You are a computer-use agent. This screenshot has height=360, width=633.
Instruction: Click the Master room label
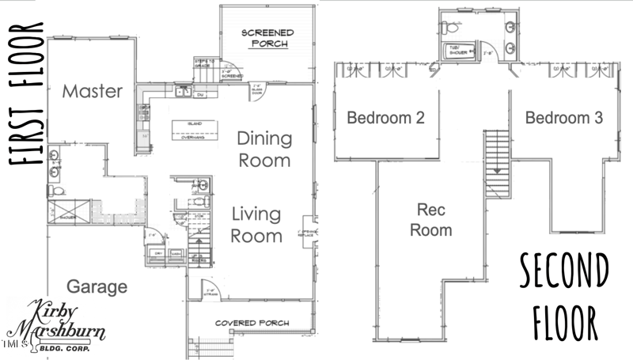click(x=93, y=92)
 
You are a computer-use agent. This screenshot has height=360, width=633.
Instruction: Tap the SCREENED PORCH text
click(x=267, y=38)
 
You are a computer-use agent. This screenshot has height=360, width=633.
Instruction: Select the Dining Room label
click(x=264, y=149)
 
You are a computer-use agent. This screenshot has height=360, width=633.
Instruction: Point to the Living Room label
click(x=257, y=225)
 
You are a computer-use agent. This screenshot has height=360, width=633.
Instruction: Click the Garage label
click(x=97, y=286)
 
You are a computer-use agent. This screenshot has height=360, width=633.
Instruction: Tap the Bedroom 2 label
click(x=386, y=118)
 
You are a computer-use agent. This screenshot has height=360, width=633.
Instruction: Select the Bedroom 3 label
click(x=564, y=118)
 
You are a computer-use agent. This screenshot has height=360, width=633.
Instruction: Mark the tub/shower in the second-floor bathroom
click(x=460, y=51)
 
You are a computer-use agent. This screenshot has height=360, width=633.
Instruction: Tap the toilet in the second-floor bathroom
click(x=452, y=26)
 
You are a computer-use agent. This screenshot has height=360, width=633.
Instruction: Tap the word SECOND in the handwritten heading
click(x=564, y=272)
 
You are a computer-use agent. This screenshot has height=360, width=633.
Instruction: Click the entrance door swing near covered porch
click(x=207, y=290)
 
